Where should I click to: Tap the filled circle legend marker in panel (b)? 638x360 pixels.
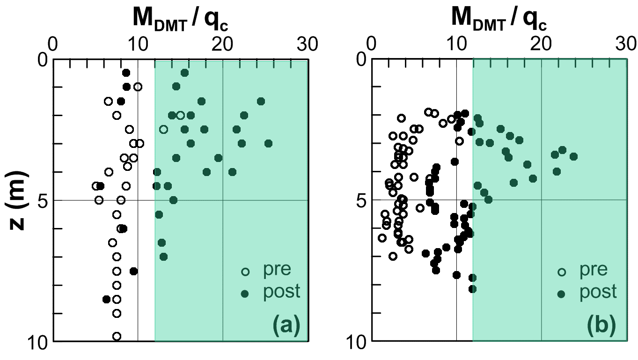coord(561,294)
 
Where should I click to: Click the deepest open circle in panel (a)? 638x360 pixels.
coord(117,336)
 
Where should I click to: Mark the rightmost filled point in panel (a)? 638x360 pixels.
coord(268,143)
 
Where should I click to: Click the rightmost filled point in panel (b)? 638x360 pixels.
coord(573,156)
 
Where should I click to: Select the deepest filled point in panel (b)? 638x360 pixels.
coord(472,289)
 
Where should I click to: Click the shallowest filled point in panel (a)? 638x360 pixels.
coord(184,73)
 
